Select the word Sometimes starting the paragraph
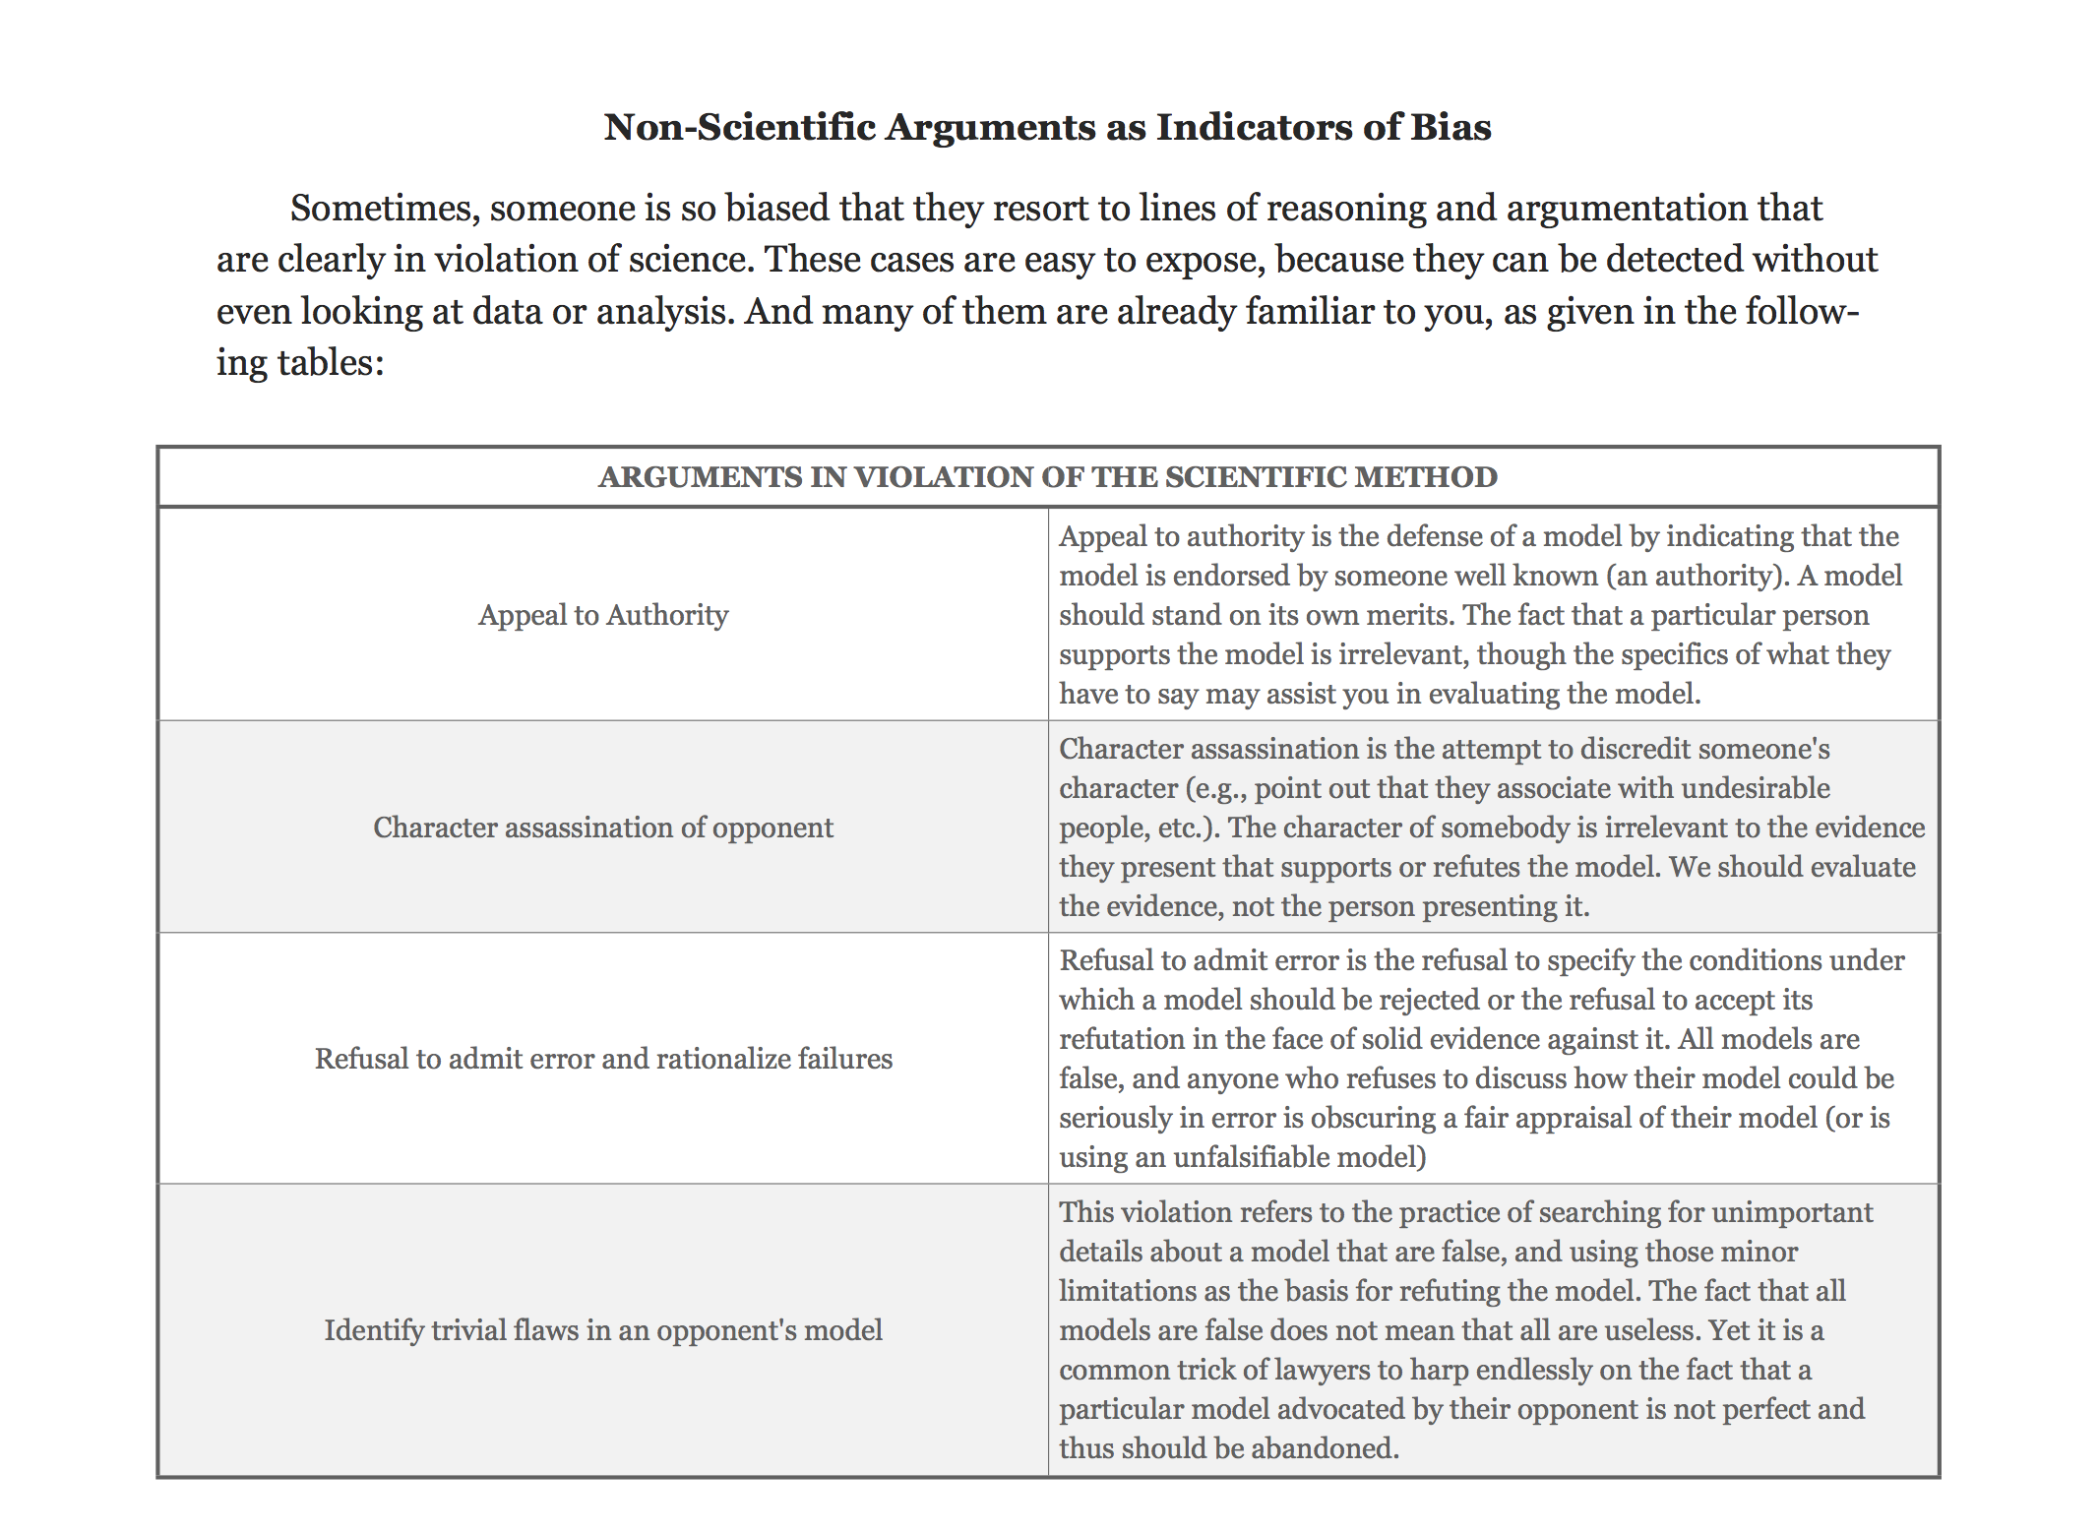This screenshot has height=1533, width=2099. tap(380, 209)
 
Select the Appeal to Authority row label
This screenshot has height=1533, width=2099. tap(603, 615)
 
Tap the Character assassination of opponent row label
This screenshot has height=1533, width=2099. tap(603, 828)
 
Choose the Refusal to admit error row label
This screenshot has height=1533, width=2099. tap(603, 1059)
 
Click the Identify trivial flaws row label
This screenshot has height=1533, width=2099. tap(603, 1330)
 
